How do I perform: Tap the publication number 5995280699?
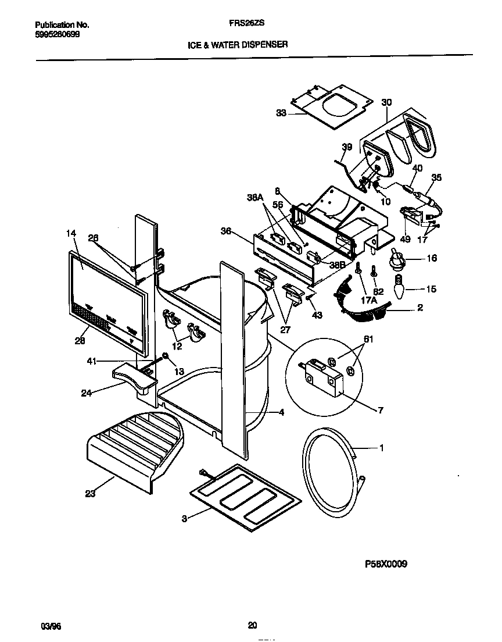[x=58, y=34]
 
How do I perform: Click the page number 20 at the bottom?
[x=252, y=626]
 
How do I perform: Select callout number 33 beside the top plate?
[x=281, y=113]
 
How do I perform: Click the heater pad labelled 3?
[x=246, y=495]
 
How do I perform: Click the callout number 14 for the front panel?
[x=71, y=233]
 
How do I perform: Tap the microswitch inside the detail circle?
[x=320, y=374]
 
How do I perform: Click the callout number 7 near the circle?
[x=380, y=411]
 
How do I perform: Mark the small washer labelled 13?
[x=166, y=356]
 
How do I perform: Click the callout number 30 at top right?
[x=386, y=102]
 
